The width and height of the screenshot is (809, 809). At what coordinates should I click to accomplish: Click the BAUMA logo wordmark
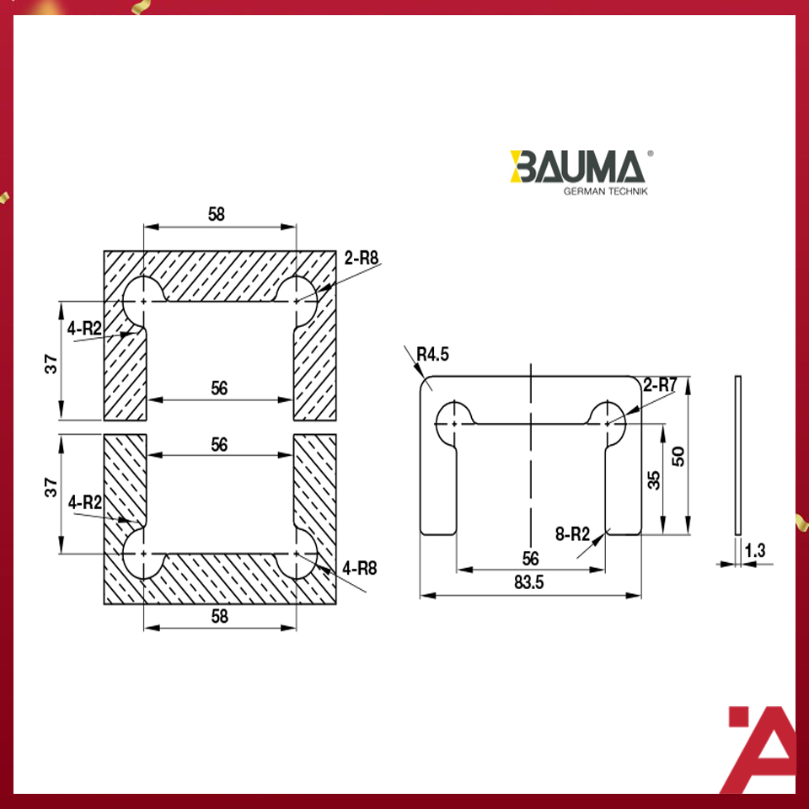tap(577, 167)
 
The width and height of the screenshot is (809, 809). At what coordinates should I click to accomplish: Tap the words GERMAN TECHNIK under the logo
tap(604, 191)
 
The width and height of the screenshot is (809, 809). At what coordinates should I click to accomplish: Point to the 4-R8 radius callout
tap(359, 569)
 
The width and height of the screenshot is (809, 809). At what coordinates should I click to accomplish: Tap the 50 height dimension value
tap(700, 456)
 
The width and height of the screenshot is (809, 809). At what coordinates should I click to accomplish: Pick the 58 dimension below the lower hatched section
tap(219, 617)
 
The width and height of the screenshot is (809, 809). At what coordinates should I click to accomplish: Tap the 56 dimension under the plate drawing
tap(530, 558)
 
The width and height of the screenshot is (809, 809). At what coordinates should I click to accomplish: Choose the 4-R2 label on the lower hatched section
tap(86, 503)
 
